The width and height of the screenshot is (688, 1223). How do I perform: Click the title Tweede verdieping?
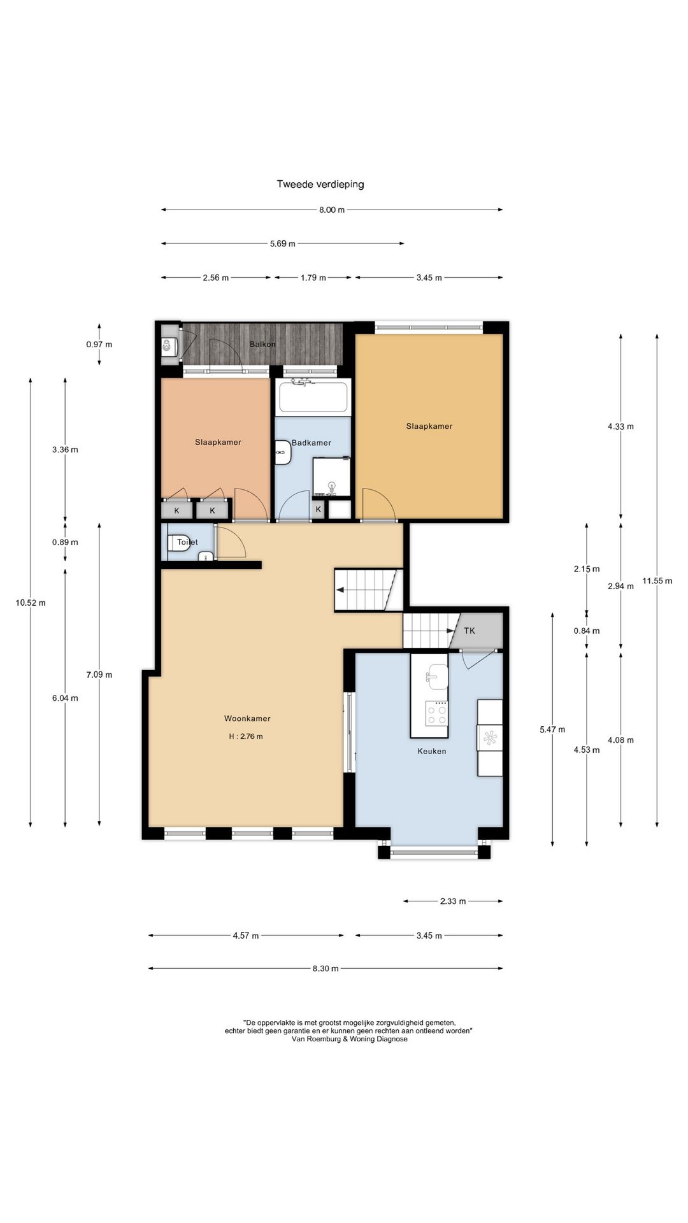point(320,184)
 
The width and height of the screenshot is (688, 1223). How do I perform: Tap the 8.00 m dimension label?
point(332,210)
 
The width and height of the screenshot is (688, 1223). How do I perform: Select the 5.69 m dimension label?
point(283,243)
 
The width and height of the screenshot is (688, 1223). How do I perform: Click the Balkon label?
point(263,344)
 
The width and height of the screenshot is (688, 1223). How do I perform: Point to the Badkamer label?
point(312,443)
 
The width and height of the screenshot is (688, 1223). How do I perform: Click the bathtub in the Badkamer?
point(313,396)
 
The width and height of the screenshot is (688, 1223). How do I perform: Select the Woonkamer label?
point(247,719)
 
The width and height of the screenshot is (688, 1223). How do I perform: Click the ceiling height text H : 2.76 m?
point(246,736)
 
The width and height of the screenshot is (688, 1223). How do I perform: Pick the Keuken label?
point(432,751)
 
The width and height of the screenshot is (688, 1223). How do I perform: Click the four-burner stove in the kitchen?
point(438,713)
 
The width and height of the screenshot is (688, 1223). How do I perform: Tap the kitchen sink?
point(438,676)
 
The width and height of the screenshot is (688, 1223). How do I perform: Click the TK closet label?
point(469,631)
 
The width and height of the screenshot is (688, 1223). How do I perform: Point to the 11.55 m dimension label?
point(657,580)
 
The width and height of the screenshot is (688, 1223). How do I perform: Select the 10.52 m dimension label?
point(31,603)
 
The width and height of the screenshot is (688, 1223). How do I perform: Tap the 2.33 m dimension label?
point(453,901)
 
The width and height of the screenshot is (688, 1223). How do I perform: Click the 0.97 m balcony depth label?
point(99,344)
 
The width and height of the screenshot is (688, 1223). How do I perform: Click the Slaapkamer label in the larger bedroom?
point(429,426)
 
